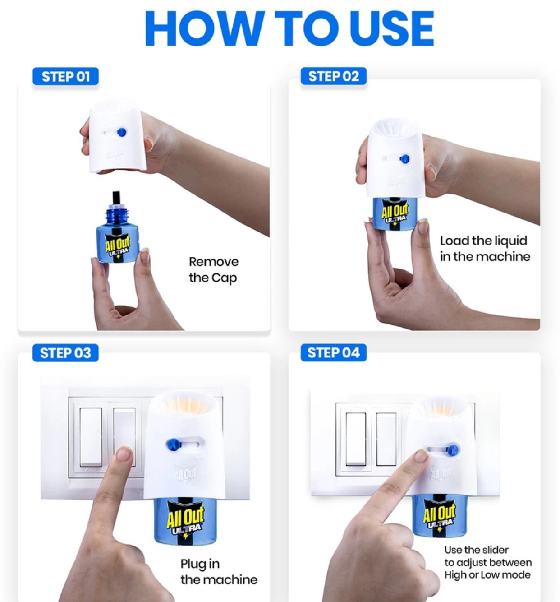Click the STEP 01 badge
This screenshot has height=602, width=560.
click(x=65, y=76)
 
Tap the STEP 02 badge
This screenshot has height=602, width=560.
click(x=333, y=76)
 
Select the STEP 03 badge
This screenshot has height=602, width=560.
click(x=65, y=353)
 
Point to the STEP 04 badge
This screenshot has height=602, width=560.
click(x=333, y=352)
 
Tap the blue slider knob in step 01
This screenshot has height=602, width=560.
click(x=121, y=132)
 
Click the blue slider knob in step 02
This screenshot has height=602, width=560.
click(x=404, y=158)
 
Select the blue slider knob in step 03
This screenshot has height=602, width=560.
click(x=172, y=445)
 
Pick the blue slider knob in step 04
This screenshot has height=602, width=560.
click(x=452, y=449)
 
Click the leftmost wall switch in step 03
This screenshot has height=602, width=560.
click(x=91, y=437)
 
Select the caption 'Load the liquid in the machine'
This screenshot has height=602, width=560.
click(x=485, y=249)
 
